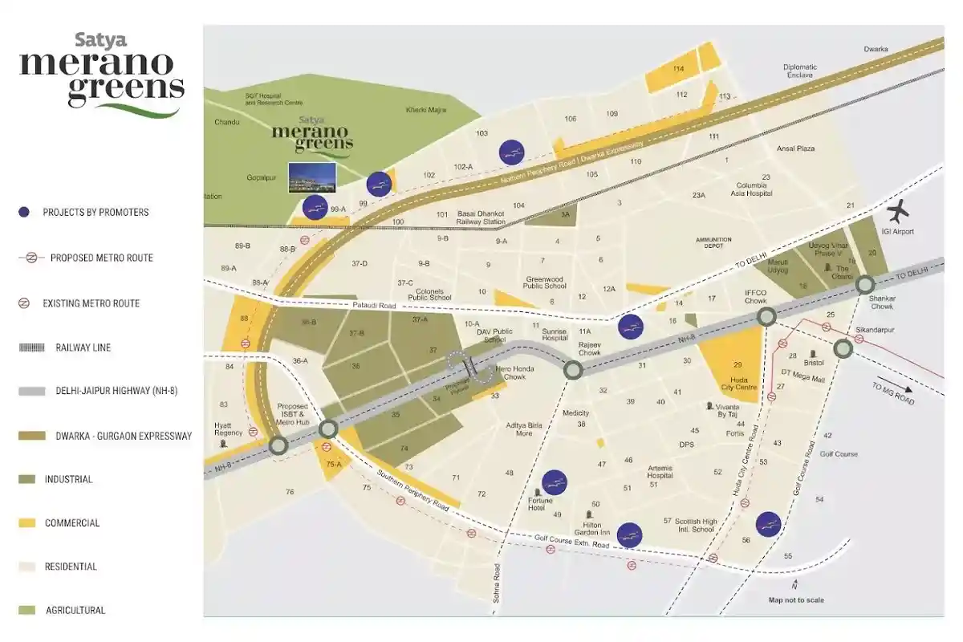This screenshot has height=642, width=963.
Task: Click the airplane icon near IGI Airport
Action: (899, 213)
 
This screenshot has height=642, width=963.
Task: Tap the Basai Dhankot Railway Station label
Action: (480, 217)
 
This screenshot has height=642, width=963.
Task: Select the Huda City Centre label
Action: (738, 383)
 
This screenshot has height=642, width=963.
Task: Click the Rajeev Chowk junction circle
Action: (573, 370)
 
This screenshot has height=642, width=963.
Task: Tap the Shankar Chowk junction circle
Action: (865, 285)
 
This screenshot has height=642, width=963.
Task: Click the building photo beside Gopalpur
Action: (312, 177)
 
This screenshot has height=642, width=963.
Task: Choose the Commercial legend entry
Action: (72, 523)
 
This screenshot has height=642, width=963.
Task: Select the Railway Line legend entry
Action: (83, 347)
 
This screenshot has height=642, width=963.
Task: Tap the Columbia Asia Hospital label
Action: (750, 188)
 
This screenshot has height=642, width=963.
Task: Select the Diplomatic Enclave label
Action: (800, 71)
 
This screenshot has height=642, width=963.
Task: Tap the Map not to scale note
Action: (795, 599)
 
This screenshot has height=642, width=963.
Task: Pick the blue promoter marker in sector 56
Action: (768, 524)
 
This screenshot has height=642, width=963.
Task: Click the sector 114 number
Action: (679, 69)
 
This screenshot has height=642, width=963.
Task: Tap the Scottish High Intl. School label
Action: (689, 525)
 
